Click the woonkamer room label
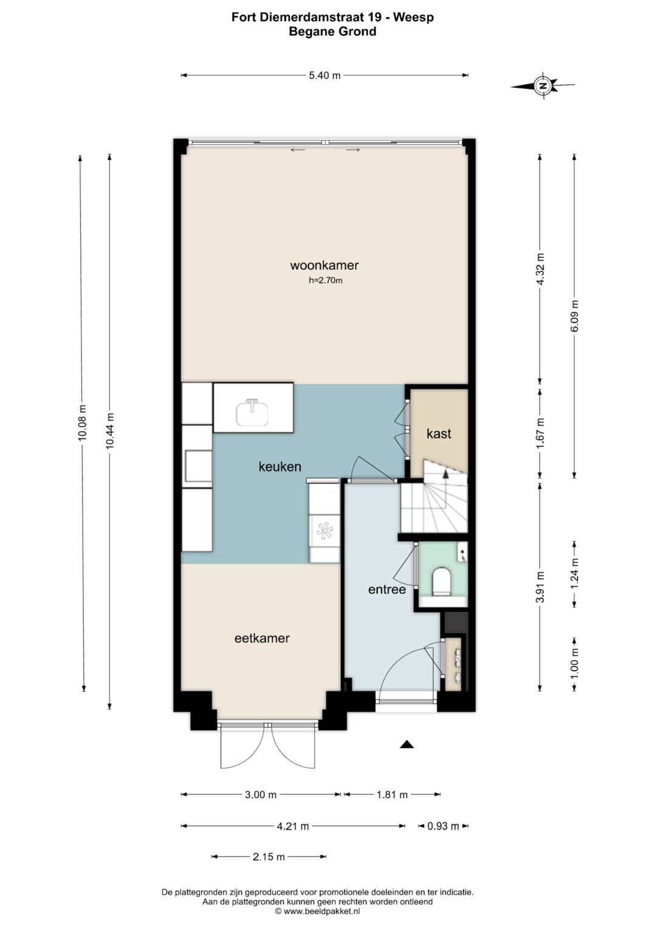324,266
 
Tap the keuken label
279,467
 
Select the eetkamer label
262,638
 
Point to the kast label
439,434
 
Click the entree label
387,589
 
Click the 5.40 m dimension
325,75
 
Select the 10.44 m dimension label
109,431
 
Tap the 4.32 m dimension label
539,269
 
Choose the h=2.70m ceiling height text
326,281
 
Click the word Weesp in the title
413,17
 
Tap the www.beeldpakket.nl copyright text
317,911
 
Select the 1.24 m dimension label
574,574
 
